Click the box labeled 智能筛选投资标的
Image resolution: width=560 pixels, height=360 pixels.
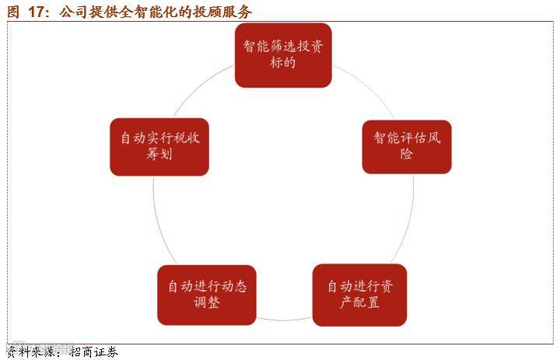[283, 54]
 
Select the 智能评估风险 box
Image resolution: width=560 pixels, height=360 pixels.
[407, 146]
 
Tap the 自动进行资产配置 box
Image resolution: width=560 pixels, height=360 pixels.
[359, 295]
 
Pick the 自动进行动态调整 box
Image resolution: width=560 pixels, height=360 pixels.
[207, 295]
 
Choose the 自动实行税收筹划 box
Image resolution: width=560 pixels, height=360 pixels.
[159, 146]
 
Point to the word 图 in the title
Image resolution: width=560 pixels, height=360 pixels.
[11, 12]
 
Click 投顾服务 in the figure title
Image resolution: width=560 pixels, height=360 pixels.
[226, 12]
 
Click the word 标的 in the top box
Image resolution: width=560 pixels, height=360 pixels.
[283, 63]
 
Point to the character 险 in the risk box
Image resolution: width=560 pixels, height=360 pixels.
[407, 155]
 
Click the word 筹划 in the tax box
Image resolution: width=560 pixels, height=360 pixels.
[159, 155]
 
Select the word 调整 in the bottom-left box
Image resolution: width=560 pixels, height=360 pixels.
[207, 303]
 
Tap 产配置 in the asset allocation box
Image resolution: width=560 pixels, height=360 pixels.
[359, 303]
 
